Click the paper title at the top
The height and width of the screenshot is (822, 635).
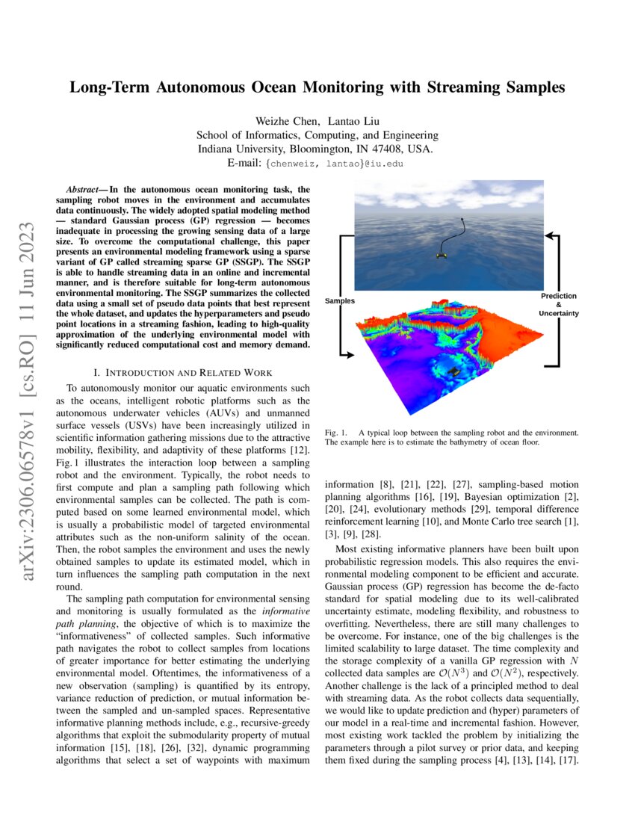[317, 87]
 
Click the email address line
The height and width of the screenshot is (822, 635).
[317, 162]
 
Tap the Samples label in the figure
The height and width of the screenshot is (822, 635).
[340, 300]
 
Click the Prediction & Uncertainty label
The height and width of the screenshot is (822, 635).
[558, 304]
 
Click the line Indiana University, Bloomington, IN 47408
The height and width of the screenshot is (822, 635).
[317, 149]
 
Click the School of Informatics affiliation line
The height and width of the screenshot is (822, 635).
[317, 135]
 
